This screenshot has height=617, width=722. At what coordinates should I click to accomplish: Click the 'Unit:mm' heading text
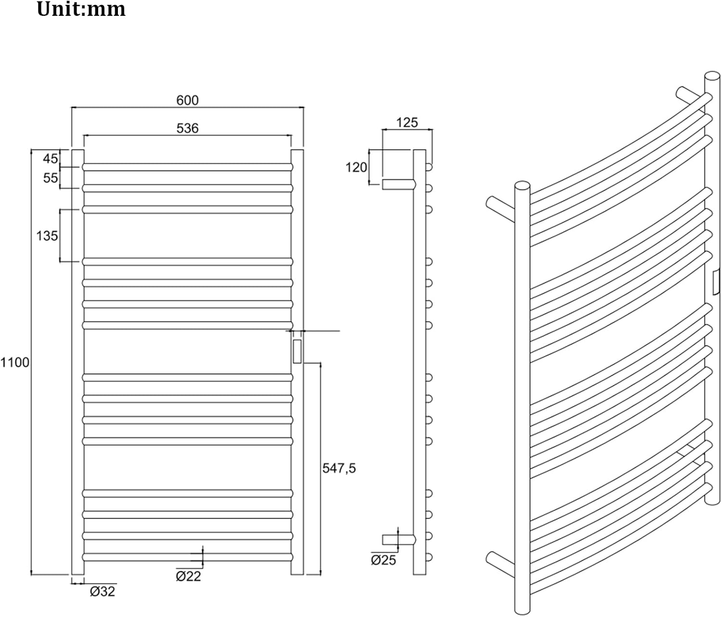81,10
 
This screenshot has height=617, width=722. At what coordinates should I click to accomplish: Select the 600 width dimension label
187,100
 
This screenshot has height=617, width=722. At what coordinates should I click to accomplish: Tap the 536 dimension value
187,128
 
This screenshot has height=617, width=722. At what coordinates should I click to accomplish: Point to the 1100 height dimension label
15,362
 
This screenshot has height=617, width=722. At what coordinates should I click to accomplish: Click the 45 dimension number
51,158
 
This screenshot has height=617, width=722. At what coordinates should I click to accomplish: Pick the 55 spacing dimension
51,178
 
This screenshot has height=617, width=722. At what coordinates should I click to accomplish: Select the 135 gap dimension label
47,236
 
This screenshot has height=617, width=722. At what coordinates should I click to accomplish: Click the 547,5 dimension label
339,468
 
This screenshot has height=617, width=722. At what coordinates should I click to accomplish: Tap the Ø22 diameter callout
188,576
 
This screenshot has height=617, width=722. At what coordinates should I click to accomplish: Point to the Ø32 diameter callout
103,591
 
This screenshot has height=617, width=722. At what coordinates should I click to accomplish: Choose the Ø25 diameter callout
383,560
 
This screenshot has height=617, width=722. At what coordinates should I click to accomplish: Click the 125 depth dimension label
407,123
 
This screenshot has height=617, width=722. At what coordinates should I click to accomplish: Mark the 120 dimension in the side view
356,167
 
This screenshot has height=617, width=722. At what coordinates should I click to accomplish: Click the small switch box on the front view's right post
297,351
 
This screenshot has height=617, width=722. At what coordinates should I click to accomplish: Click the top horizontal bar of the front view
187,167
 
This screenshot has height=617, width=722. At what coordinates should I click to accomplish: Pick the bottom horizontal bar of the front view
187,557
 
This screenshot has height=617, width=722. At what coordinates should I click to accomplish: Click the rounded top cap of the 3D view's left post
522,185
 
